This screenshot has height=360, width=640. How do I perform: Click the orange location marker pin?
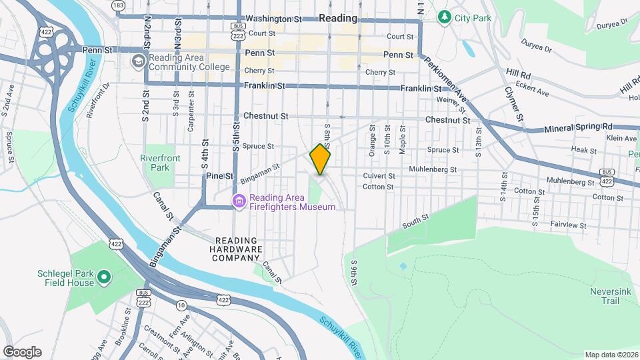(x=321, y=159)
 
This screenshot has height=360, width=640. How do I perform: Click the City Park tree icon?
(x=444, y=17)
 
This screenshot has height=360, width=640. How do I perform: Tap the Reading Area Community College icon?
(x=138, y=62)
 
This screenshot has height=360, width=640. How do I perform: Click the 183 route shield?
(x=119, y=5)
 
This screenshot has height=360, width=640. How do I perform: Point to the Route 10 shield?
(x=181, y=305)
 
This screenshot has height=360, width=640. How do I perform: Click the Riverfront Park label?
(x=156, y=163)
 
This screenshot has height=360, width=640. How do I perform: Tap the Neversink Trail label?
(x=605, y=296)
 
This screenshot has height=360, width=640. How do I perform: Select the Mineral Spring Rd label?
(x=578, y=127)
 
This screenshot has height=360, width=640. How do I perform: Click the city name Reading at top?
(x=337, y=18)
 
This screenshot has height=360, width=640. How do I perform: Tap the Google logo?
(x=22, y=352)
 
